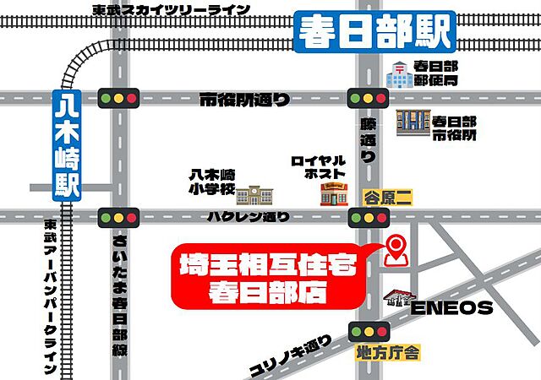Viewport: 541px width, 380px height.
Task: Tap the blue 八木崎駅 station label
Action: (66, 144)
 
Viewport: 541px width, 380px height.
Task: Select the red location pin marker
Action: (395, 250)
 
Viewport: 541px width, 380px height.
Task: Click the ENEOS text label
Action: (452, 307)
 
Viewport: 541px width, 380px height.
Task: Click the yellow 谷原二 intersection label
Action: (387, 198)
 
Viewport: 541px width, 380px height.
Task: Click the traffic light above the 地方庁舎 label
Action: (367, 329)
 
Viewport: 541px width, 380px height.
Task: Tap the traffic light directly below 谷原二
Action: (367, 218)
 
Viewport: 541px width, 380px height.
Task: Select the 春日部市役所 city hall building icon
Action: (412, 122)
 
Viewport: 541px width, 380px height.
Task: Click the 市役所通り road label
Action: (244, 100)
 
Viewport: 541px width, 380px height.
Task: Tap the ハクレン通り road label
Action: (249, 217)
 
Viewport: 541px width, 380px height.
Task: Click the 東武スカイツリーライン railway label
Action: (172, 9)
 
